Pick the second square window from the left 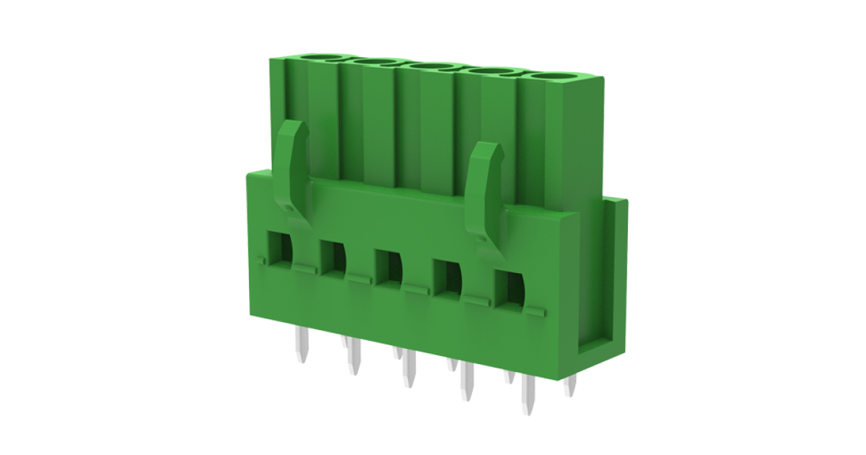(x=333, y=256)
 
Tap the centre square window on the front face (x=389, y=266)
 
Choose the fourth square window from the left (x=447, y=276)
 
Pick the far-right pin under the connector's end (x=570, y=386)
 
